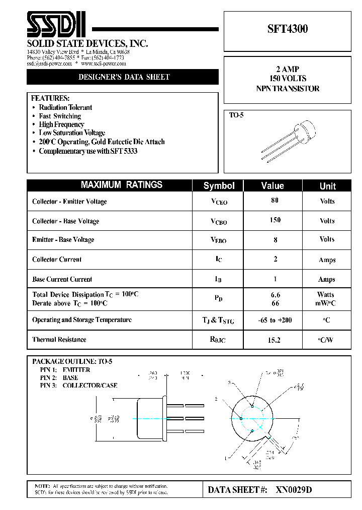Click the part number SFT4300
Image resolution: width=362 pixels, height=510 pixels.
click(288, 29)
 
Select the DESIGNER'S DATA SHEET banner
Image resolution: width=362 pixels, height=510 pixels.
click(123, 77)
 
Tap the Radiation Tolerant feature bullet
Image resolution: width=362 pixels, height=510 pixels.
click(65, 107)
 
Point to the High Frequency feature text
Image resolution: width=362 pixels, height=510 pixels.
click(61, 124)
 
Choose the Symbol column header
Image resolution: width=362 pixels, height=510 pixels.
click(219, 186)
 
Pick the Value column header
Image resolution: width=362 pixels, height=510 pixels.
click(273, 186)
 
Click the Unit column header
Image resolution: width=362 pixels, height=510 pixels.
click(327, 186)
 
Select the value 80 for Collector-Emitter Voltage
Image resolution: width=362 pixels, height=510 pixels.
click(275, 200)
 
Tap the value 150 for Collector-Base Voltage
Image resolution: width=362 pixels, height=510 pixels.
click(275, 220)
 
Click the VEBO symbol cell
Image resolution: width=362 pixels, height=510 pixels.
click(218, 240)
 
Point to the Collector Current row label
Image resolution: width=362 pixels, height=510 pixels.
click(57, 260)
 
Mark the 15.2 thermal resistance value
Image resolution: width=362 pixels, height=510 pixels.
click(274, 340)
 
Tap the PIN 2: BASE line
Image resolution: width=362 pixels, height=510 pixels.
click(59, 377)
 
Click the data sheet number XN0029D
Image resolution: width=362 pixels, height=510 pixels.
click(294, 490)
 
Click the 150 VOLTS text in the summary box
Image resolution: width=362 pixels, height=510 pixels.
click(288, 78)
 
